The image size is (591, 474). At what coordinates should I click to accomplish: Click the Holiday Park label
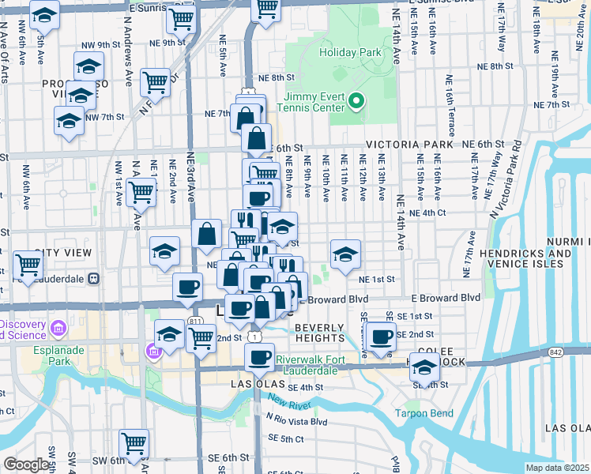(350, 53)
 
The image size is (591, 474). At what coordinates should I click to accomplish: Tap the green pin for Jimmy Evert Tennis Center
(356, 100)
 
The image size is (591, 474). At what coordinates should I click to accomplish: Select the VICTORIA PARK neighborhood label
(409, 145)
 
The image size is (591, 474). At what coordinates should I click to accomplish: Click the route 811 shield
(195, 322)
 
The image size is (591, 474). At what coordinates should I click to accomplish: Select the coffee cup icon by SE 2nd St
(382, 336)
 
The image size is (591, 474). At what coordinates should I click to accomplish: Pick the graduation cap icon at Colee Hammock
(425, 367)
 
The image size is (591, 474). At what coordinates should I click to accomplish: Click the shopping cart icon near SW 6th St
(134, 443)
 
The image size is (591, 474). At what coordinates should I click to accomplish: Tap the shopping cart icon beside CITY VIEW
(28, 265)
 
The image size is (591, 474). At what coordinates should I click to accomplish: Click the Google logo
(26, 465)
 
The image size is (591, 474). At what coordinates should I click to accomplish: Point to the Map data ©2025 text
(557, 468)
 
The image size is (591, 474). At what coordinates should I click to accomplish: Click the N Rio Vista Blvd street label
(296, 421)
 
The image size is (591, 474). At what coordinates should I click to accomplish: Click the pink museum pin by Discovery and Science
(58, 328)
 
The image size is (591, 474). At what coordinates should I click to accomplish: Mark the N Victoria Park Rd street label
(505, 179)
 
